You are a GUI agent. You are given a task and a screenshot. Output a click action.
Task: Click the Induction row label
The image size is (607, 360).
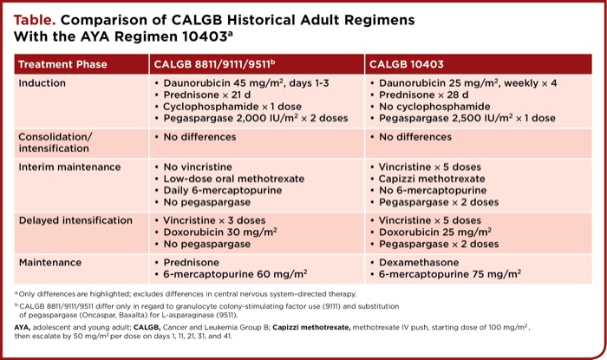tap(45, 82)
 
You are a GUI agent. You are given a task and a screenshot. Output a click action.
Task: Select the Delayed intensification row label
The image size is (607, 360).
tap(75, 220)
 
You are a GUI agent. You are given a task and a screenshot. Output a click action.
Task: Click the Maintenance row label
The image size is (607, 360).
tap(50, 261)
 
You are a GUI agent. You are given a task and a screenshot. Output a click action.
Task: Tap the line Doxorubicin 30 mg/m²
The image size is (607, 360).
tap(219, 232)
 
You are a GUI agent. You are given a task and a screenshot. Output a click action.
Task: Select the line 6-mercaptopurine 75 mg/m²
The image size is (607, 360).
tap(449, 273)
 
